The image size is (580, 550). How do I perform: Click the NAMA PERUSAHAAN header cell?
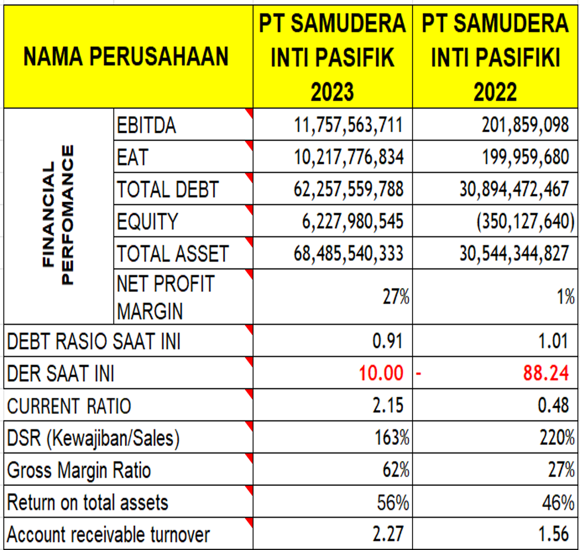pyautogui.click(x=126, y=58)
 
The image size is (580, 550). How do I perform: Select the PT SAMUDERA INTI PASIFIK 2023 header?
pyautogui.click(x=333, y=58)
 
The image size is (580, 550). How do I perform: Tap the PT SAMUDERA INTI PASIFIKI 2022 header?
pyautogui.click(x=495, y=58)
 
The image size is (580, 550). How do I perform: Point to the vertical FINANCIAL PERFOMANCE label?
pyautogui.click(x=59, y=215)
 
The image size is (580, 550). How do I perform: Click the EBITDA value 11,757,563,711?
pyautogui.click(x=348, y=125)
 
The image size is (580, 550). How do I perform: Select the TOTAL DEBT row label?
pyautogui.click(x=167, y=190)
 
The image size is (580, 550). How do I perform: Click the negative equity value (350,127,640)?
pyautogui.click(x=521, y=222)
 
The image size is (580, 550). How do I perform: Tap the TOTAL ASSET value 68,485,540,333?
pyautogui.click(x=348, y=253)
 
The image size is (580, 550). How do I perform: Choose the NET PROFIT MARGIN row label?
pyautogui.click(x=166, y=297)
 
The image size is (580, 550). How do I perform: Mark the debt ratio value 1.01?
pyautogui.click(x=552, y=341)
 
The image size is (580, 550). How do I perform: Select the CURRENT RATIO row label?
pyautogui.click(x=69, y=405)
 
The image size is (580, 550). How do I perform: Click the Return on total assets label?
pyautogui.click(x=88, y=502)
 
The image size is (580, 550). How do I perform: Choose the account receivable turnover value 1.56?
pyautogui.click(x=552, y=534)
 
